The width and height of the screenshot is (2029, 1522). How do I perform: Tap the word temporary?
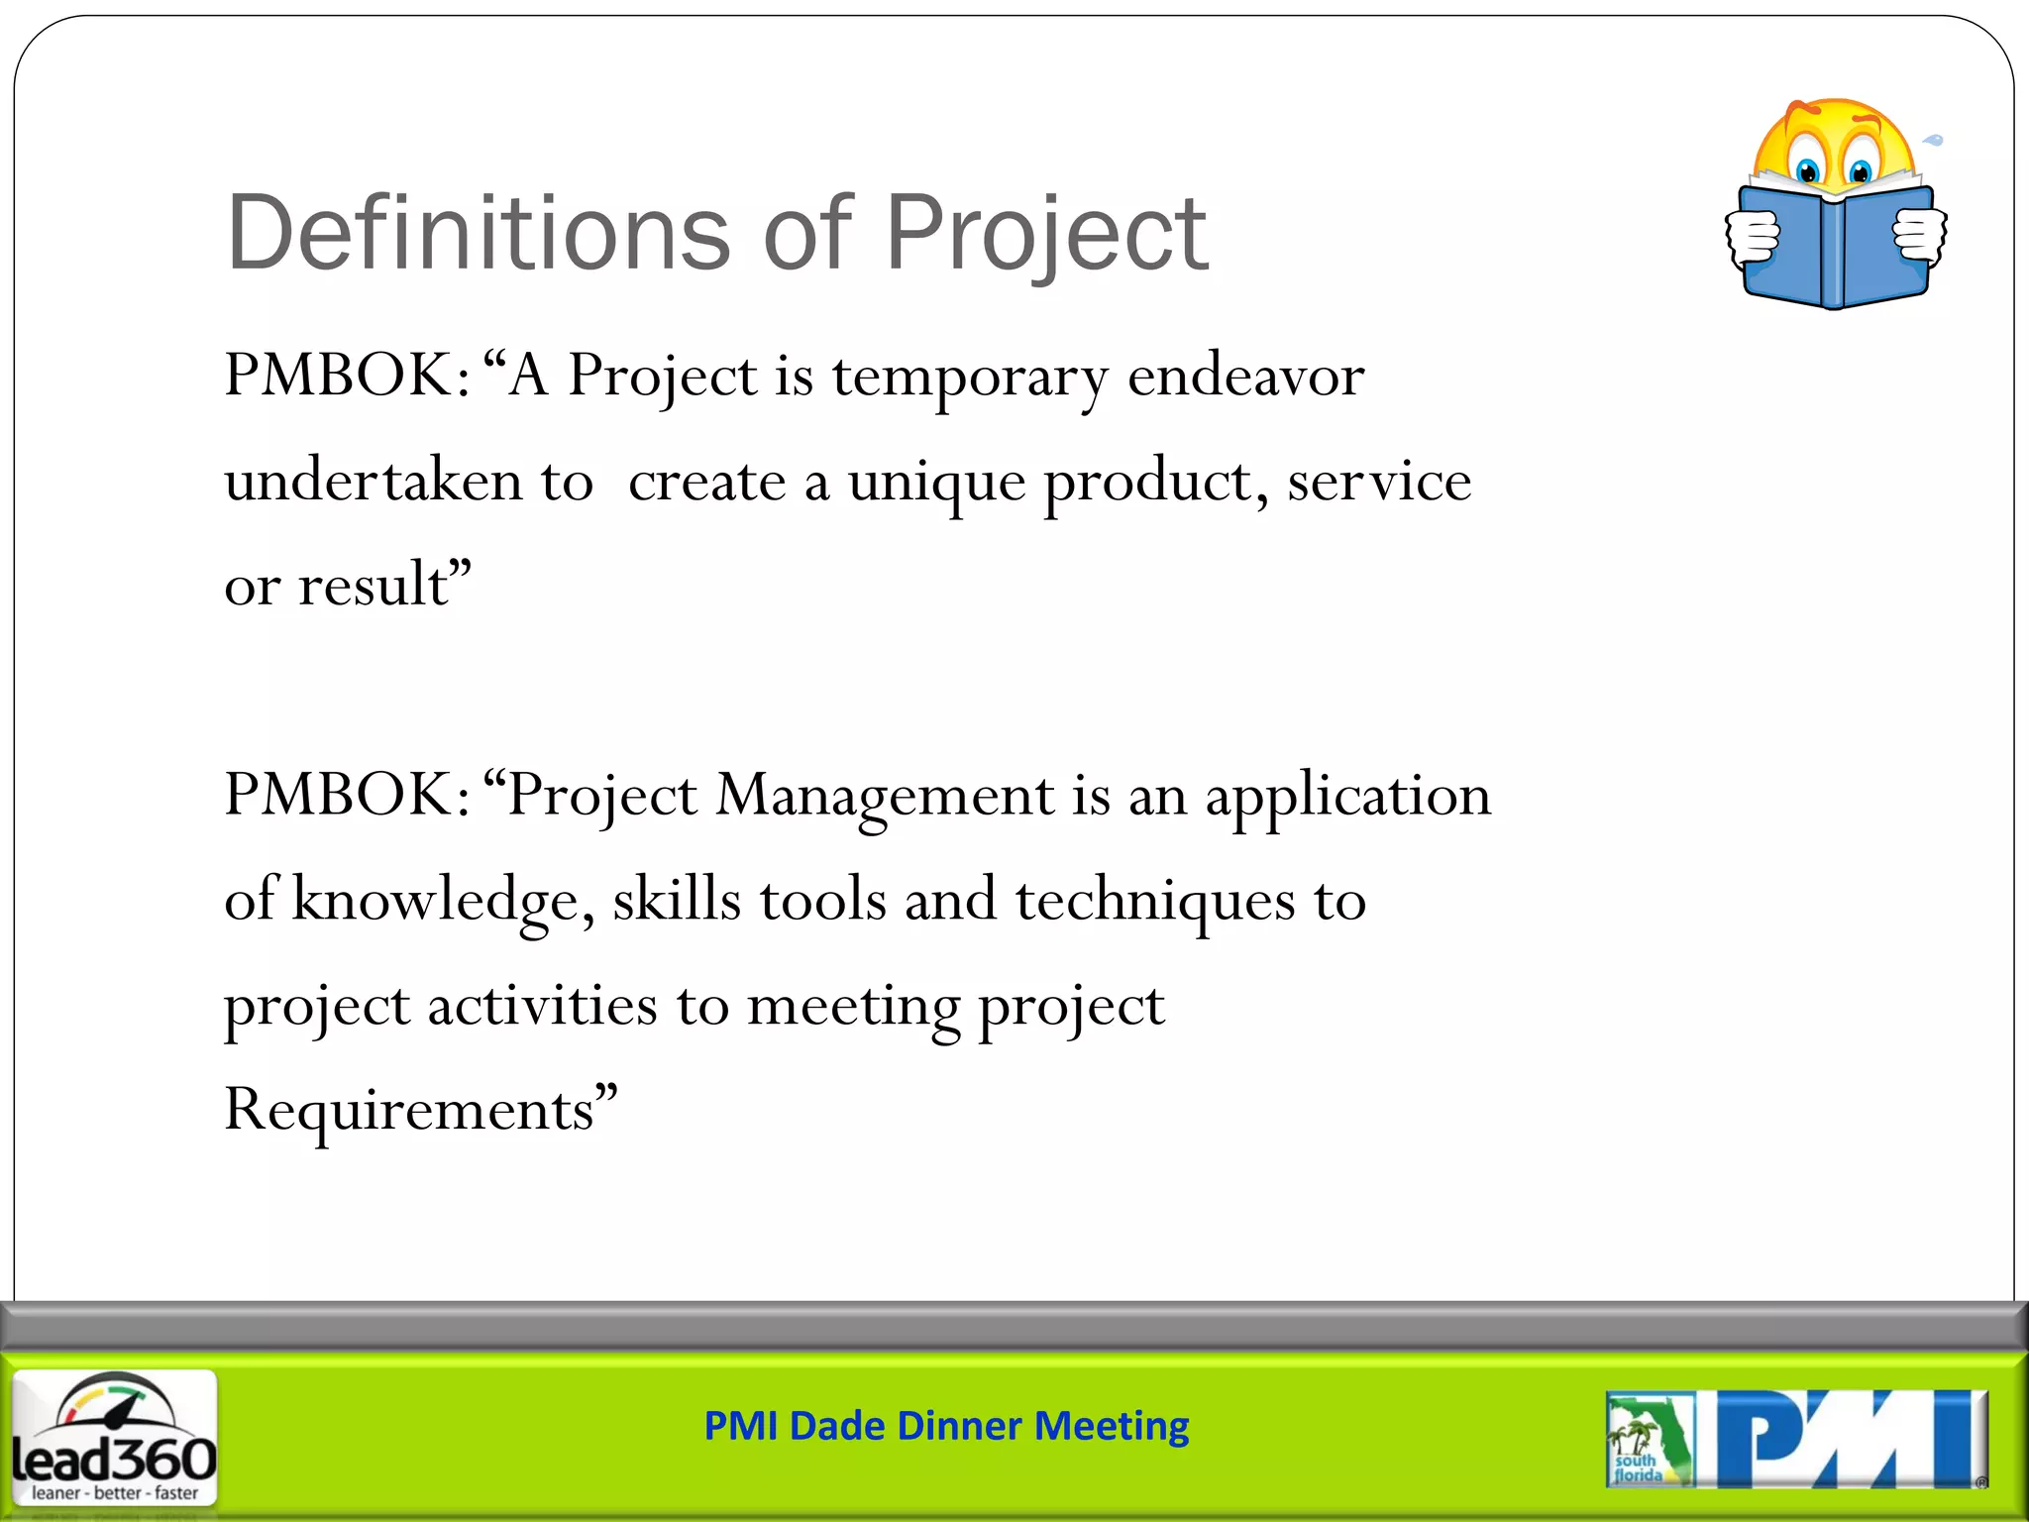[x=970, y=377]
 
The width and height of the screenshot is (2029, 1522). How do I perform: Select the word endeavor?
[x=1245, y=377]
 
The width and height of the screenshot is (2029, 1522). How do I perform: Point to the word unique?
[x=936, y=483]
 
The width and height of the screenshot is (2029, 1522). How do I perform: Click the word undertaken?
[x=373, y=483]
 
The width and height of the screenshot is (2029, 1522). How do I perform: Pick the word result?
[x=374, y=585]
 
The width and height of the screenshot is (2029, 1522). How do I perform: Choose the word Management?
[x=885, y=796]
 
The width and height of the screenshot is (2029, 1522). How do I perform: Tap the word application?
[x=1347, y=796]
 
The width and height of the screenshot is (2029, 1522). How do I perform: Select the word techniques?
[x=1154, y=900]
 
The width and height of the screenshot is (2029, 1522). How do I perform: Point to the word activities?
[x=542, y=1006]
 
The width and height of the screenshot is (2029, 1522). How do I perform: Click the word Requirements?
[x=409, y=1110]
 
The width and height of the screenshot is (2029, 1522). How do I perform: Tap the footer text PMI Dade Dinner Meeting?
[x=946, y=1426]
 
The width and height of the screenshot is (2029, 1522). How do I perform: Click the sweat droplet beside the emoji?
[x=1934, y=141]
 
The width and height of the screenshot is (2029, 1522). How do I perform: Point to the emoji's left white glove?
[x=1753, y=238]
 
